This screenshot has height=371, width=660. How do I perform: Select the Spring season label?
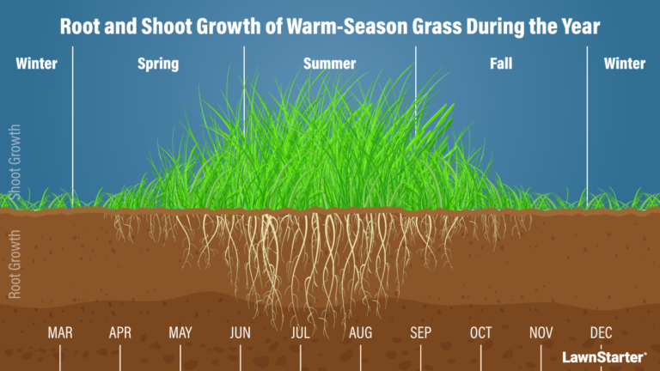tap(158, 64)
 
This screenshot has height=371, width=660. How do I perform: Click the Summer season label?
tap(329, 64)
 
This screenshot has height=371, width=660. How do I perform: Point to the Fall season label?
tap(501, 64)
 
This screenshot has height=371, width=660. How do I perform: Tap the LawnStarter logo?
tap(604, 355)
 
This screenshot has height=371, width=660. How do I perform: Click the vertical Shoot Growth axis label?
tap(14, 159)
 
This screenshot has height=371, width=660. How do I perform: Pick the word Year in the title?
tap(577, 27)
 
